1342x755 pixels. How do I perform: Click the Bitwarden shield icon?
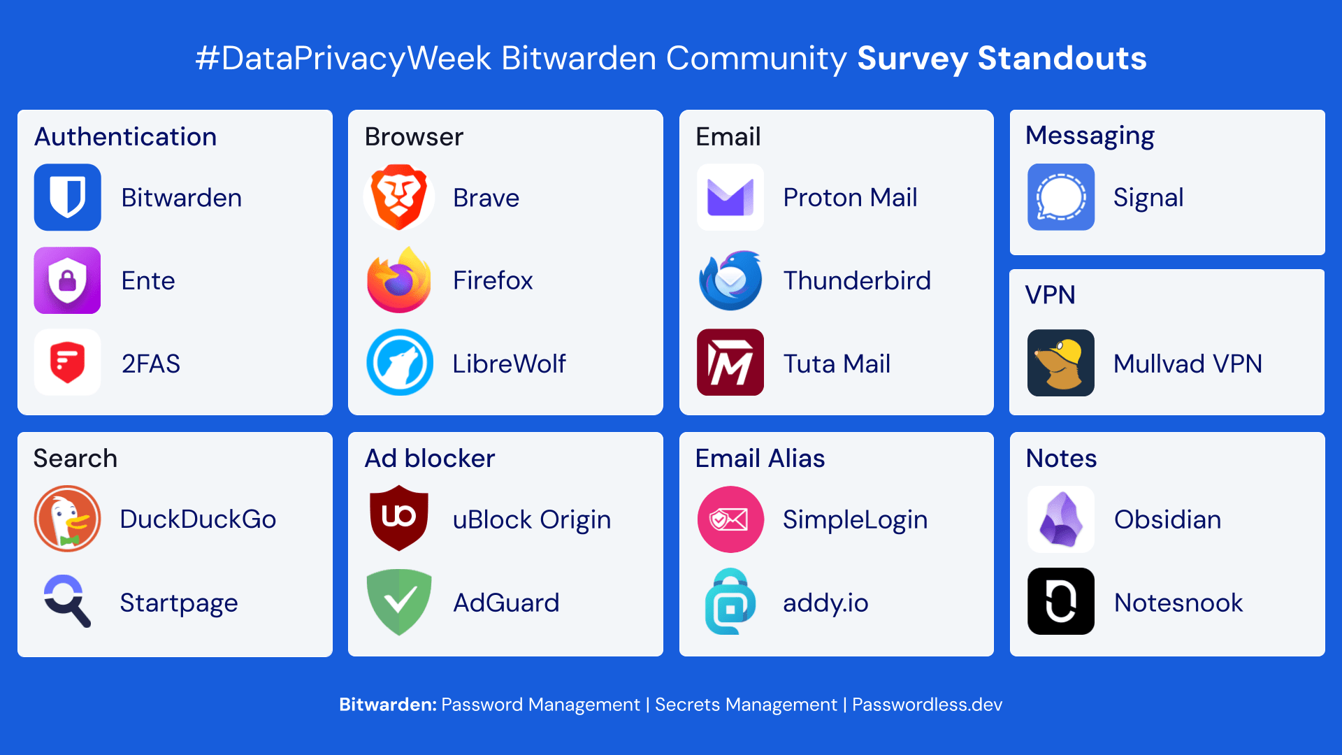[x=68, y=197]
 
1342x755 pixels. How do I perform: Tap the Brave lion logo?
[x=399, y=197]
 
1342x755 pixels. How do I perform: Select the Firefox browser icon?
[x=399, y=280]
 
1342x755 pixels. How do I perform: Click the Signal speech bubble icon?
[x=1060, y=197]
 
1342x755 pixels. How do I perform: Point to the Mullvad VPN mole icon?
[x=1060, y=363]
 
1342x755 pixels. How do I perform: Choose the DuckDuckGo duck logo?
[x=68, y=519]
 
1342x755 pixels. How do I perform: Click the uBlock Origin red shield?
[x=399, y=517]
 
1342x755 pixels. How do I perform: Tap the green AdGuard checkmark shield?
[x=399, y=601]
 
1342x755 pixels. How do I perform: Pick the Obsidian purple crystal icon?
[x=1060, y=519]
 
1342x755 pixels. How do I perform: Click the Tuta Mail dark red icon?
[x=730, y=363]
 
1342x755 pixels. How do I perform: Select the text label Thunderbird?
[x=857, y=280]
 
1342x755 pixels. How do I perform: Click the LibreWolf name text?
[x=509, y=364]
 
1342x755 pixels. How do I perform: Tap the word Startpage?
[x=179, y=603]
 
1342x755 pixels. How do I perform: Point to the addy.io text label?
[x=825, y=603]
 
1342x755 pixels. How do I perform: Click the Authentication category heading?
[x=126, y=136]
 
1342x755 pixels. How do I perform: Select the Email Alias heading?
[x=760, y=458]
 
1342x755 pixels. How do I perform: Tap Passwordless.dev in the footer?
[x=927, y=704]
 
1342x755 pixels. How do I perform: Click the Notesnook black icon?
[x=1060, y=601]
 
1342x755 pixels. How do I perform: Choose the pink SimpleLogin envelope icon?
[x=730, y=519]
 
